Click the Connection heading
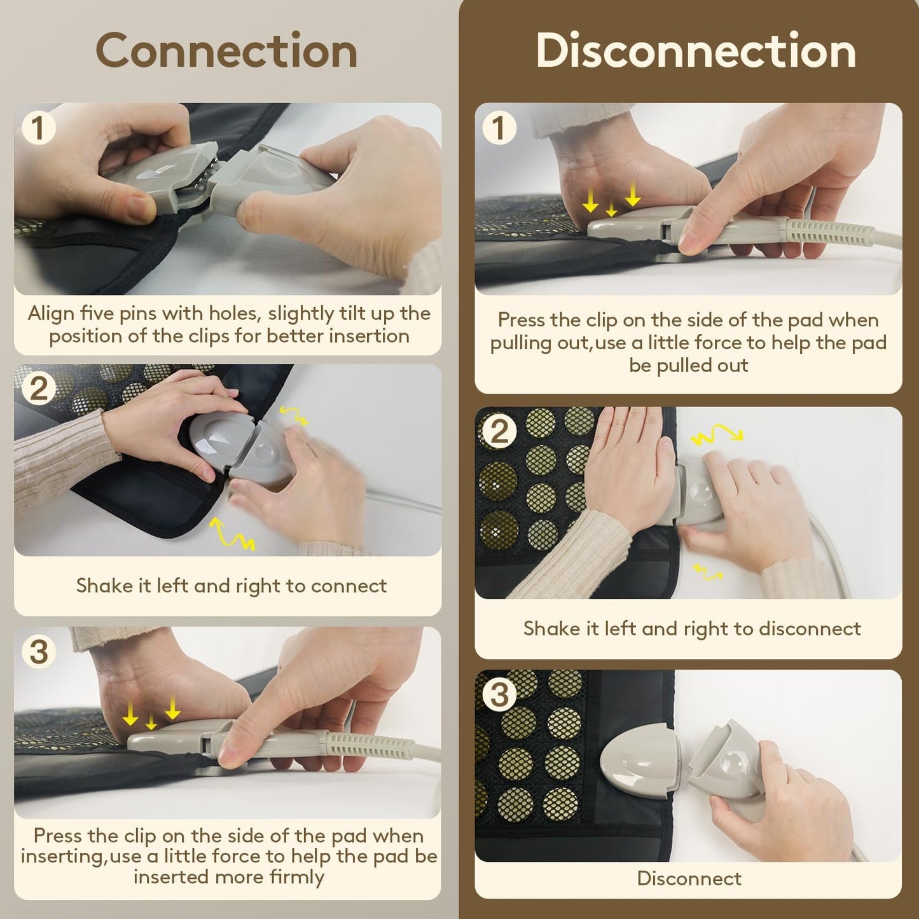pos(226,51)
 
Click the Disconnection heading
pos(695,51)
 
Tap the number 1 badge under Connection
pos(38,128)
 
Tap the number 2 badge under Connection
pos(38,389)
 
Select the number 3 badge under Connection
pos(38,651)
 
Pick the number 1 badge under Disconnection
pos(499,128)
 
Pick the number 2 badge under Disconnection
pos(499,432)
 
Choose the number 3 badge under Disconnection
pos(499,694)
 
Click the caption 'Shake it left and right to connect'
pos(231,586)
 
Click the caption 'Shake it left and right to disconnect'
pos(691,629)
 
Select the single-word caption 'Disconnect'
pos(689,879)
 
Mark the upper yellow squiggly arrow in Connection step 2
pos(294,416)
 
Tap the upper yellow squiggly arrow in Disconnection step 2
pos(717,435)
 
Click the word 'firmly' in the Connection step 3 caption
pos(296,877)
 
